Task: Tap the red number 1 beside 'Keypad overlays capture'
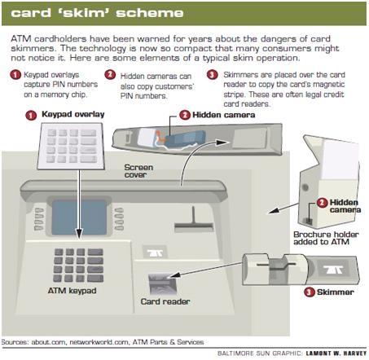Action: click(x=15, y=75)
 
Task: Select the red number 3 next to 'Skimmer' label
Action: click(x=309, y=292)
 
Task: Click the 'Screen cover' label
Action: click(x=138, y=171)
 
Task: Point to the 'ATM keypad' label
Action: click(x=72, y=291)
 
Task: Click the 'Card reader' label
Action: click(x=165, y=301)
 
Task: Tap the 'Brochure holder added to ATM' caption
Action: click(x=326, y=238)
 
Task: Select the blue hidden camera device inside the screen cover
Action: click(x=185, y=138)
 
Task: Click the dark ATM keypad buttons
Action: click(x=78, y=265)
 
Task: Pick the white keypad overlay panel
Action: click(x=71, y=146)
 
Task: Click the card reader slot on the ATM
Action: click(x=162, y=283)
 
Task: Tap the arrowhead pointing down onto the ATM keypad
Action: click(x=79, y=234)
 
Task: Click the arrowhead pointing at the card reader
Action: click(x=173, y=275)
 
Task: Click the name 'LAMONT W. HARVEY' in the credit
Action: click(x=336, y=353)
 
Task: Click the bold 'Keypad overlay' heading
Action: click(x=72, y=114)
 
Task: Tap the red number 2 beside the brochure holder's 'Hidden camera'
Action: click(x=322, y=203)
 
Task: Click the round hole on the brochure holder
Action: click(x=305, y=187)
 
